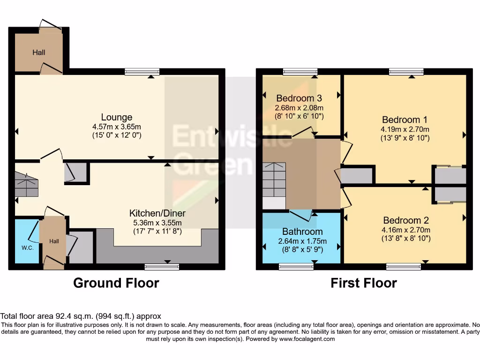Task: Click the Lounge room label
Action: point(117,117)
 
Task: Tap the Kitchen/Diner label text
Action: point(155,213)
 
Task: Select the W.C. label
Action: point(27,247)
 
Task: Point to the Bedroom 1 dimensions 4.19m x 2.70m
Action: point(405,129)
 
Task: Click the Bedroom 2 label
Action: point(406,220)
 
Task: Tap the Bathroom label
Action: point(302,232)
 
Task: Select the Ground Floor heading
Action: point(116,283)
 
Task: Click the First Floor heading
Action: point(364,283)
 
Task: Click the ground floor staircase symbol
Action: point(26,184)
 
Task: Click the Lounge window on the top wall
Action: point(142,72)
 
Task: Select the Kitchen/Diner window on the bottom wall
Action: point(162,267)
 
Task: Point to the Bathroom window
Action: point(296,267)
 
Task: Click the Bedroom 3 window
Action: point(300,72)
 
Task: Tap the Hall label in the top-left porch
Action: point(39,52)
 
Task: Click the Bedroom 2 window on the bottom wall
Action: point(404,267)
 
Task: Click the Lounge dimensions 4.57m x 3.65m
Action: point(117,127)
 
